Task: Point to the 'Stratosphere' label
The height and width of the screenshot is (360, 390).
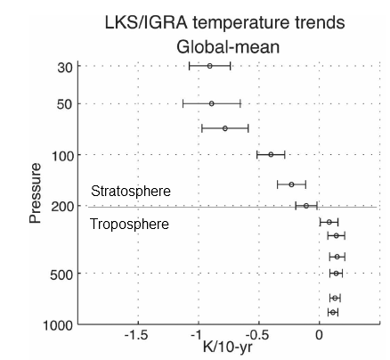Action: click(130, 192)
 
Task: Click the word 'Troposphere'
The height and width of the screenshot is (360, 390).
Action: click(129, 225)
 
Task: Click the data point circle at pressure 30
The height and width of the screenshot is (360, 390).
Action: click(209, 66)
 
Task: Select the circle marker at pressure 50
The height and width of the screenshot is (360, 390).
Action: click(211, 103)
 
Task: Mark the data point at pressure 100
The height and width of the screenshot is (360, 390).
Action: click(271, 154)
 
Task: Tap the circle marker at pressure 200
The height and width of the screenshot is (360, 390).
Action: click(305, 206)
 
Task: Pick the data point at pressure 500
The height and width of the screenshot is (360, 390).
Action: click(336, 273)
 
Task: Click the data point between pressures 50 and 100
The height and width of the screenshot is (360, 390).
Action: click(224, 128)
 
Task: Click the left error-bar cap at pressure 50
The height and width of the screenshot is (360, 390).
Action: click(183, 103)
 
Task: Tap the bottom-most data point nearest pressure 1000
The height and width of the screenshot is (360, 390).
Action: click(333, 312)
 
